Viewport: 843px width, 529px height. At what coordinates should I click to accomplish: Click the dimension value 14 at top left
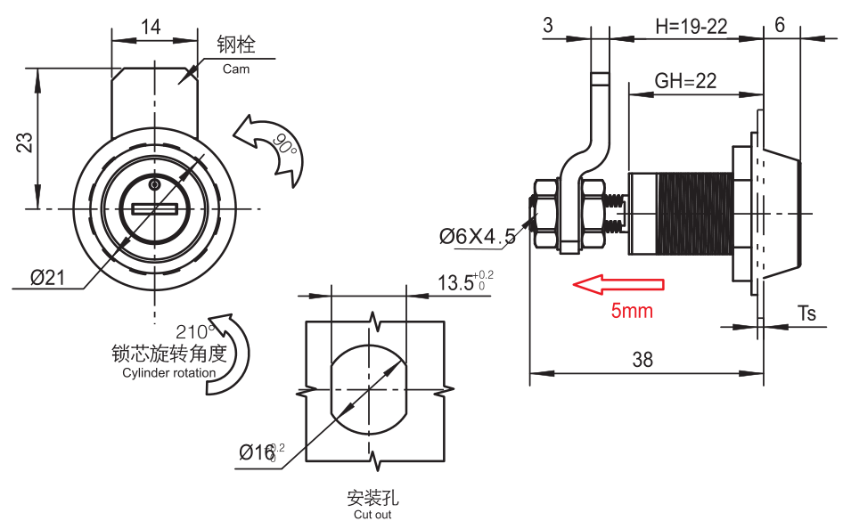(x=151, y=28)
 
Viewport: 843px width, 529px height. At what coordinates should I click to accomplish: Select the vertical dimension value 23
(x=25, y=142)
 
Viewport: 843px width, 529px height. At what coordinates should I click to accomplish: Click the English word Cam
(x=236, y=69)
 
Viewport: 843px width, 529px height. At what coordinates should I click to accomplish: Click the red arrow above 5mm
(x=618, y=284)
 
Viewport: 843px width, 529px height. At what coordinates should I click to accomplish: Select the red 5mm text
(x=631, y=311)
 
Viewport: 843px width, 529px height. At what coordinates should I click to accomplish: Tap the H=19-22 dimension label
(x=691, y=27)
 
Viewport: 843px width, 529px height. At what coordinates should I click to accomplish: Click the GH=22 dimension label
(x=685, y=81)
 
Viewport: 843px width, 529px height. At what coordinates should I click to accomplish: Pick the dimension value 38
(x=642, y=360)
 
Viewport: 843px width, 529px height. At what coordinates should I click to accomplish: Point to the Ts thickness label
(x=806, y=313)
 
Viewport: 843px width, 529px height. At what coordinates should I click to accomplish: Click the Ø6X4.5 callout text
(x=477, y=236)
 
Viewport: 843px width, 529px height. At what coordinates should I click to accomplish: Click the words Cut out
(x=372, y=515)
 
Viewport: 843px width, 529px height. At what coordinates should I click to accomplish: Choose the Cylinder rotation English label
(x=168, y=373)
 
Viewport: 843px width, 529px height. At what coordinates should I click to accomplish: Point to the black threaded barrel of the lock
(x=693, y=215)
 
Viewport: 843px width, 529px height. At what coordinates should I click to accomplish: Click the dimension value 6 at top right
(x=780, y=25)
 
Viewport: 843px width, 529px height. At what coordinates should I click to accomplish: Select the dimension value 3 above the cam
(x=548, y=26)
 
